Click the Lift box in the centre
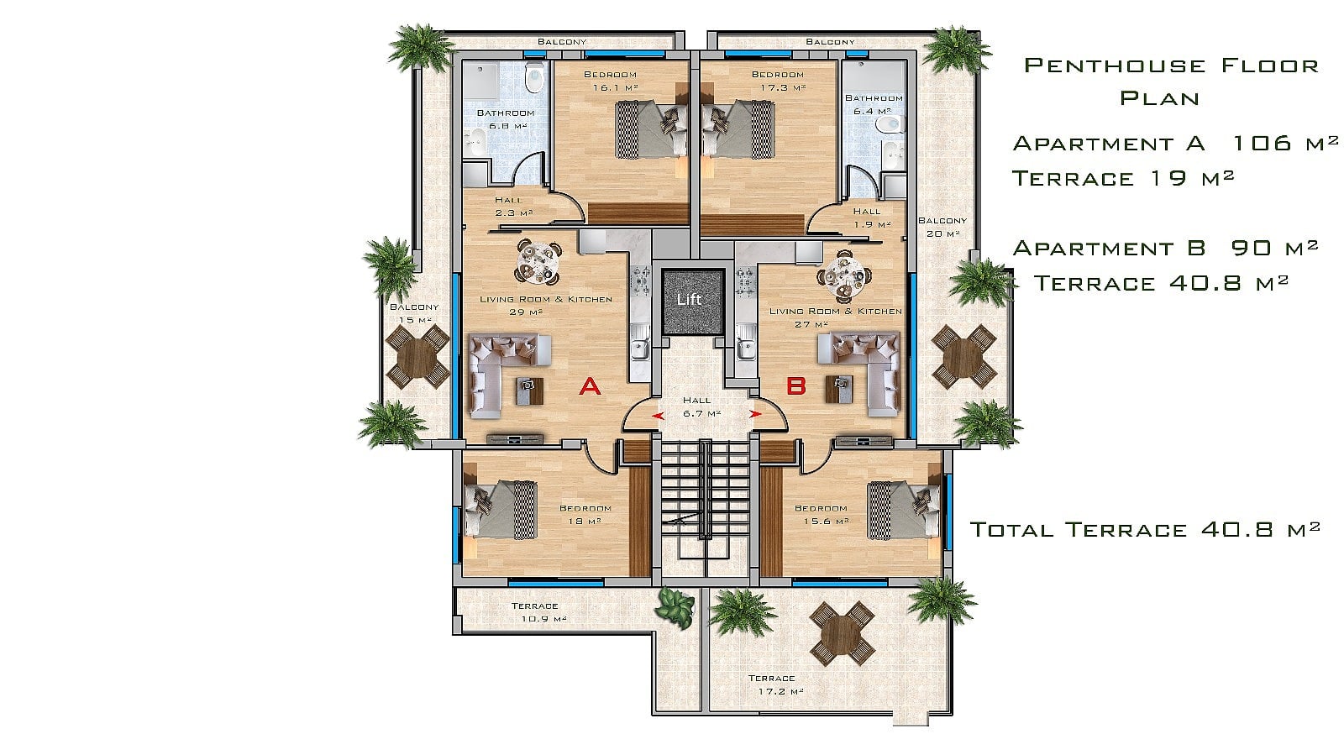692,301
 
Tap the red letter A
590,387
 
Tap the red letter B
796,386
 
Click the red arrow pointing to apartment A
659,416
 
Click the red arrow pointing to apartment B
756,414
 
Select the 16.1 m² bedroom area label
615,87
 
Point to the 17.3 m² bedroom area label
783,87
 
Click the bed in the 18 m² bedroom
501,510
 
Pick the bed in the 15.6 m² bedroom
903,510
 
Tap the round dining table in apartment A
538,262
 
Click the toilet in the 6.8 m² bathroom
534,79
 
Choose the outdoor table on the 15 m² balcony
417,357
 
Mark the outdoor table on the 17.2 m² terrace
842,634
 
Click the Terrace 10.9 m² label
538,612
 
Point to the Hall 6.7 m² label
699,406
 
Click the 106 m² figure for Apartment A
1284,143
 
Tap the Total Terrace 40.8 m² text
1145,530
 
